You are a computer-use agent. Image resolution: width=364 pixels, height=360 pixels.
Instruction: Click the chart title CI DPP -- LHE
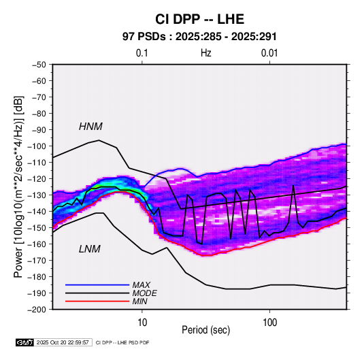coord(199,19)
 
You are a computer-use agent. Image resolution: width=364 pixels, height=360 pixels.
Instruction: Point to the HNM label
coord(90,127)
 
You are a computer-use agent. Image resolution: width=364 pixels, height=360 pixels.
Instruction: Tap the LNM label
coord(90,249)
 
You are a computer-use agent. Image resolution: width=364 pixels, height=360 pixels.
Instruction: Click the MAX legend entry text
coord(141,284)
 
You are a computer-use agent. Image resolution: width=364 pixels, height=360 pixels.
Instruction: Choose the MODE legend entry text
coord(144,293)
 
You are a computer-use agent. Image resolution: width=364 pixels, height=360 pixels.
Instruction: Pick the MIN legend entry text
coord(139,301)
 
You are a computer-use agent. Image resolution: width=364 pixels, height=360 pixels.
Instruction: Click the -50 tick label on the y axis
coord(39,65)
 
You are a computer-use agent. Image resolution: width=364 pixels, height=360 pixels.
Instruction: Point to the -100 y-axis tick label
coord(37,146)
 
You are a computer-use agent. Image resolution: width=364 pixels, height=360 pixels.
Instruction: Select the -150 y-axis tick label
coord(37,228)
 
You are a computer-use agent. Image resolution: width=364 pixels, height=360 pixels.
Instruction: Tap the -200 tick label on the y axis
coord(37,310)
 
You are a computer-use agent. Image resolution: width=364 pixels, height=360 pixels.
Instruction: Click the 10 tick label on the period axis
coord(142,323)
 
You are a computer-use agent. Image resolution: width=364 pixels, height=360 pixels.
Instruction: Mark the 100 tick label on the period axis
coord(269,323)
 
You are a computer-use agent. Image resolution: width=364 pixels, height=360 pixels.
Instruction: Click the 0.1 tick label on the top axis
coord(142,53)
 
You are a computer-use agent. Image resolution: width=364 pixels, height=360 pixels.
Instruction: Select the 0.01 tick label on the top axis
coord(269,53)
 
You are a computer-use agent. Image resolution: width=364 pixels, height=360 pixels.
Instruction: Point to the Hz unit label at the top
coord(206,53)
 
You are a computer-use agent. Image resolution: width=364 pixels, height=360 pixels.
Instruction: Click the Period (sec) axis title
coord(205,330)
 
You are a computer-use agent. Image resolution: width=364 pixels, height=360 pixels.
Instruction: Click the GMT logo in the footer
coord(25,342)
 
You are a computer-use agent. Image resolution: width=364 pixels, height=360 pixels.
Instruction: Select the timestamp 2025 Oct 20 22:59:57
coord(63,342)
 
